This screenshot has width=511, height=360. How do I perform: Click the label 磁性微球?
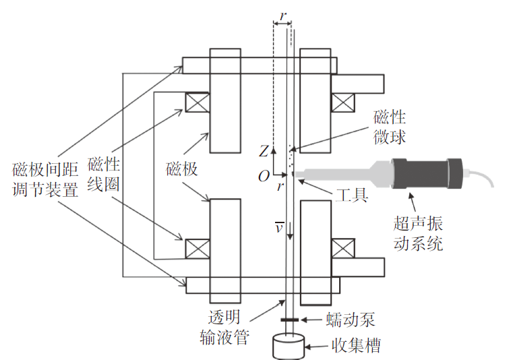tap(390, 127)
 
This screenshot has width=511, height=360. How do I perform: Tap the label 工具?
tap(352, 195)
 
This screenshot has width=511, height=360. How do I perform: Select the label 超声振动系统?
tap(418, 233)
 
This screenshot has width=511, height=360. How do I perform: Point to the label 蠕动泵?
tap(351, 320)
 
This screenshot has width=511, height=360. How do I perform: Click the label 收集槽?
tap(356, 346)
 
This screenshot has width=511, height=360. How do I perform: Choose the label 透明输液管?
tap(224, 327)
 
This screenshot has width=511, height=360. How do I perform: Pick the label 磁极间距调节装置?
tap(45, 179)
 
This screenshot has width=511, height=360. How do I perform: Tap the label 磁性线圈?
tap(103, 174)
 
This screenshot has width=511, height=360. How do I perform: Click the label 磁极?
tap(181, 169)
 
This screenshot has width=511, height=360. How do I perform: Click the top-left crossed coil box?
tap(198, 102)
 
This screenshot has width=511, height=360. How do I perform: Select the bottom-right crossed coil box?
tap(343, 249)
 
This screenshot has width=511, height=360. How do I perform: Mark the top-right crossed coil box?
tap(343, 102)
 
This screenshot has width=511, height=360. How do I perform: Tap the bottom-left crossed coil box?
tap(198, 249)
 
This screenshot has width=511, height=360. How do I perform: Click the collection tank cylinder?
tap(289, 347)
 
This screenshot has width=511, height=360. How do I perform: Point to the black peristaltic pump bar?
tap(289, 320)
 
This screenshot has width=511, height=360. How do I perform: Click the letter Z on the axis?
tap(264, 152)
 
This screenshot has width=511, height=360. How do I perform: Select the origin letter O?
tap(264, 176)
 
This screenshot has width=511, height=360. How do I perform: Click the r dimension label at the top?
tap(283, 16)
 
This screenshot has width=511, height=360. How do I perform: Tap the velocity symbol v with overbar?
tap(279, 227)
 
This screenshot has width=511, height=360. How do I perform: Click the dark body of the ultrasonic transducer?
tap(426, 174)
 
